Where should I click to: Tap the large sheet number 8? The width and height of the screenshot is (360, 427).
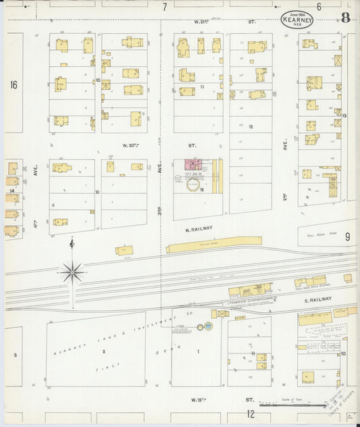click(x=345, y=18)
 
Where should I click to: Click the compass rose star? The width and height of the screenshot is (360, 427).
click(x=72, y=272)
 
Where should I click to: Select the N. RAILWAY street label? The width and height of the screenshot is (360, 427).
click(x=199, y=228)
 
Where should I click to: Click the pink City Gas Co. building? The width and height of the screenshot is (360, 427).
click(x=194, y=164)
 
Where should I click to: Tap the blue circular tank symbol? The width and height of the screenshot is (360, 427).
click(x=209, y=326)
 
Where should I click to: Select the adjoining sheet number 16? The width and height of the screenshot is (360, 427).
click(x=14, y=84)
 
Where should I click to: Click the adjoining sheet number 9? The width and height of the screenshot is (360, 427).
click(x=347, y=236)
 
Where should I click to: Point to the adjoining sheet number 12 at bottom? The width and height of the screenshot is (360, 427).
click(x=250, y=413)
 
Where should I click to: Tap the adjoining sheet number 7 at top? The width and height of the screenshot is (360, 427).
click(x=164, y=7)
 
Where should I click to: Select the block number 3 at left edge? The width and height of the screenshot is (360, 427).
click(x=14, y=353)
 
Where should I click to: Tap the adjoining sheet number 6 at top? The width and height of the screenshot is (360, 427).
click(x=318, y=7)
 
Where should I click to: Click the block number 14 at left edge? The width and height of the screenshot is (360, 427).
click(x=12, y=191)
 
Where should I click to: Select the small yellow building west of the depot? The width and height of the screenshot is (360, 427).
click(x=124, y=250)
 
